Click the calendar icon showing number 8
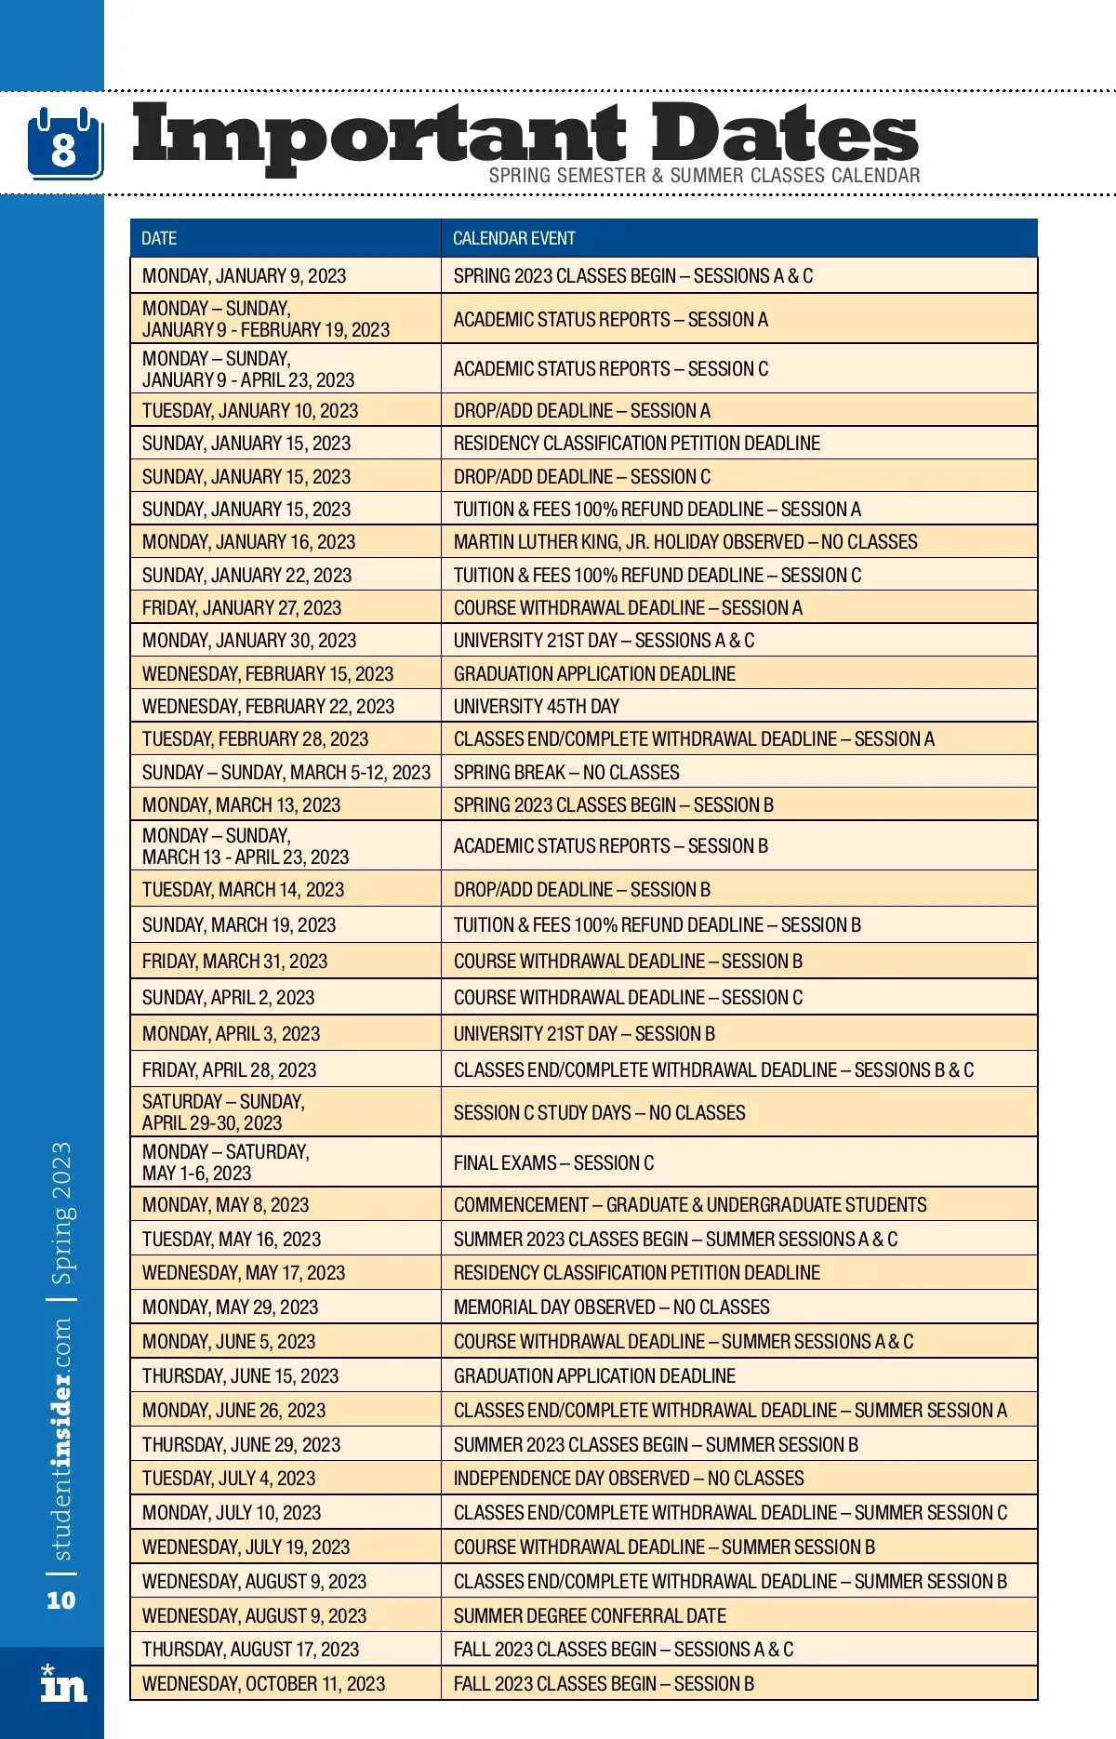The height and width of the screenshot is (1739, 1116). pyautogui.click(x=64, y=143)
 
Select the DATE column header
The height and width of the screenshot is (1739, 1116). pyautogui.click(x=159, y=239)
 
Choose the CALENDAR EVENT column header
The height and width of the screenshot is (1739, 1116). pyautogui.click(x=514, y=239)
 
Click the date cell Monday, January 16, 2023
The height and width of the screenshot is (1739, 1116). pyautogui.click(x=248, y=542)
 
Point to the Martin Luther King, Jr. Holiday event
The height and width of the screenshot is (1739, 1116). pyautogui.click(x=685, y=542)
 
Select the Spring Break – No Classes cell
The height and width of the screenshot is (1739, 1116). pyautogui.click(x=566, y=773)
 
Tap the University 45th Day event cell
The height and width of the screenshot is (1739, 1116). pyautogui.click(x=537, y=707)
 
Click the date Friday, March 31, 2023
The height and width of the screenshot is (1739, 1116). pyautogui.click(x=234, y=962)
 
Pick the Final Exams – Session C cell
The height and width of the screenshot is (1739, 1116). pyautogui.click(x=553, y=1163)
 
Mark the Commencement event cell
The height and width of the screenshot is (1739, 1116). pyautogui.click(x=690, y=1205)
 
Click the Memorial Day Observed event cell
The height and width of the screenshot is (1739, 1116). pyautogui.click(x=611, y=1308)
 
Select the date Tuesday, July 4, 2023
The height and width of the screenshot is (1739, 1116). pyautogui.click(x=229, y=1479)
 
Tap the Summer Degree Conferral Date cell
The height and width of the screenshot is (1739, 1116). pyautogui.click(x=590, y=1616)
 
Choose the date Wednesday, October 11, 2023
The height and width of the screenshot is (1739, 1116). pyautogui.click(x=263, y=1684)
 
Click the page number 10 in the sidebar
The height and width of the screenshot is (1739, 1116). pyautogui.click(x=60, y=1600)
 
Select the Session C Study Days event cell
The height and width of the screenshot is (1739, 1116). pyautogui.click(x=599, y=1113)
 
